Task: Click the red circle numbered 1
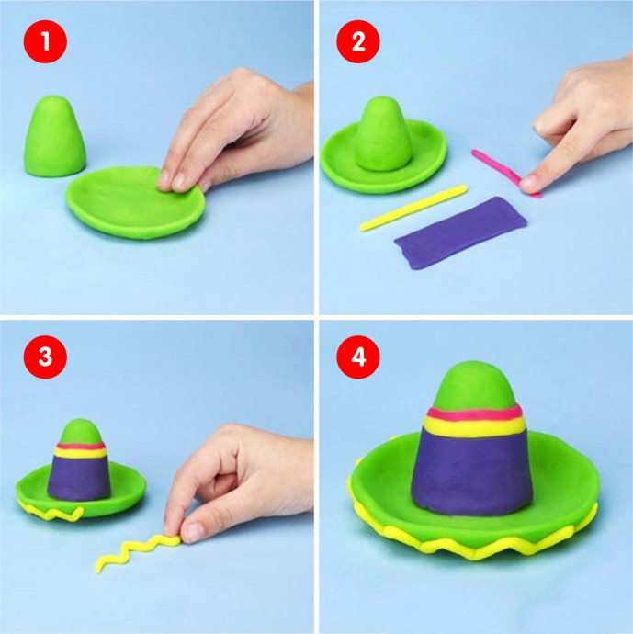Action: click(45, 41)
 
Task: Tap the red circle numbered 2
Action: click(358, 41)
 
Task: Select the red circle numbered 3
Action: click(45, 357)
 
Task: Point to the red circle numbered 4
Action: click(358, 357)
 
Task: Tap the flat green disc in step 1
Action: click(135, 202)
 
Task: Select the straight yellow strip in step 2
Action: click(413, 209)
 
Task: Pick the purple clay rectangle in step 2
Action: click(461, 232)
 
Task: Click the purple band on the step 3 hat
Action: click(79, 478)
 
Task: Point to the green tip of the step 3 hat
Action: click(80, 432)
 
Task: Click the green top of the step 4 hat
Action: click(475, 387)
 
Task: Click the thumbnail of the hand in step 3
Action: click(196, 529)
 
